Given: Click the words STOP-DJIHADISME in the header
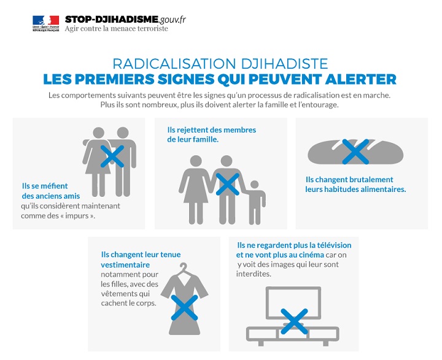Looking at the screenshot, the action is pos(112,20).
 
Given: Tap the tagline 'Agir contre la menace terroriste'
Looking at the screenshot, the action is pos(117,28).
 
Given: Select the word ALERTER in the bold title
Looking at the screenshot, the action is pos(361,79).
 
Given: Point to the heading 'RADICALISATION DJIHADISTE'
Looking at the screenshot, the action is pos(220,64).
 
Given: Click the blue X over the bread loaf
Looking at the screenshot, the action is pos(355,151).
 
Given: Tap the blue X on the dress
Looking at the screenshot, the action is pos(184,308).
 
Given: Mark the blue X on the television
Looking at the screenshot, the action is pos(294,321).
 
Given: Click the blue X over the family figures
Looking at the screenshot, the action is pos(228,184).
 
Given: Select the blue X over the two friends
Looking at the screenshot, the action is pos(112,156).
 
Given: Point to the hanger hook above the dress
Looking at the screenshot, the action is pos(184,267).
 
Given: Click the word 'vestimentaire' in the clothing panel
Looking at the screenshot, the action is pos(125,265).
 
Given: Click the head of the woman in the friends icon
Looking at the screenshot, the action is pos(98,132).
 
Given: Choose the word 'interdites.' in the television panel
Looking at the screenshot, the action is pos(254,274).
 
